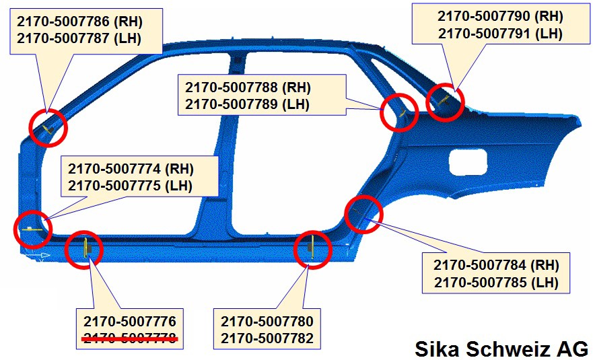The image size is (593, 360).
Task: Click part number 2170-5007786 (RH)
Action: (x=80, y=21)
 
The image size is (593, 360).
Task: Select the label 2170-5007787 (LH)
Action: (x=79, y=38)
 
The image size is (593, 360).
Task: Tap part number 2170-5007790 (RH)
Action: (x=500, y=16)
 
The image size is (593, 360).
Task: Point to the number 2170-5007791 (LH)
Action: (x=500, y=34)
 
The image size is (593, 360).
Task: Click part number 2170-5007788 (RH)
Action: (x=248, y=87)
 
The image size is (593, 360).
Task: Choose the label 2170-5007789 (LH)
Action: (x=247, y=104)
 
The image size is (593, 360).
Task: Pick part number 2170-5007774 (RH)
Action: (x=131, y=169)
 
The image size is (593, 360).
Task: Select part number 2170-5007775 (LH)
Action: (x=130, y=186)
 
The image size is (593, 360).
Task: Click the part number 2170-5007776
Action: (x=130, y=322)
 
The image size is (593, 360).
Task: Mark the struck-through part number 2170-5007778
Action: (x=130, y=338)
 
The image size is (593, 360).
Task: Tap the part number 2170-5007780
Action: (x=267, y=322)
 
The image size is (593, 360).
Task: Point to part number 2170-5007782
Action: (x=267, y=338)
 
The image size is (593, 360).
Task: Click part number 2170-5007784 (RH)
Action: (x=496, y=265)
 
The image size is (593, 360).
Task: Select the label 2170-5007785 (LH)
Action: (x=496, y=283)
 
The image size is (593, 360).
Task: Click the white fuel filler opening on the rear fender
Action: (x=468, y=162)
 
